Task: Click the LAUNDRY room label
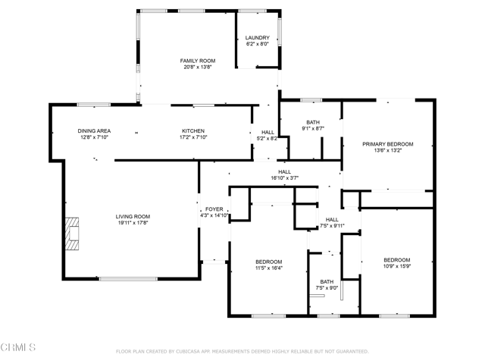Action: (x=258, y=37)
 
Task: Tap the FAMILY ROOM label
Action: (x=198, y=61)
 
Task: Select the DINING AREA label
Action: (x=94, y=131)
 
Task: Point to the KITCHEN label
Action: (x=193, y=131)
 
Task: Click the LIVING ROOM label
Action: (x=133, y=217)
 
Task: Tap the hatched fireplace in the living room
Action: (x=72, y=234)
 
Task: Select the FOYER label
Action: (x=214, y=209)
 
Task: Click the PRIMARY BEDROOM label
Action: (x=388, y=144)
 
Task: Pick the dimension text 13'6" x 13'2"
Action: (x=388, y=151)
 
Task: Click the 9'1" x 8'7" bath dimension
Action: (x=313, y=128)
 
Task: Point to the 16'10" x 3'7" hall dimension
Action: (x=285, y=178)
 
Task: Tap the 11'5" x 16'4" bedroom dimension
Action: (x=269, y=268)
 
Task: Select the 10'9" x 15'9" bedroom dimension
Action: (x=397, y=266)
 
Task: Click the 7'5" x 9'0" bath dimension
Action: (x=327, y=288)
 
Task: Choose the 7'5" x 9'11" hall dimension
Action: (x=332, y=226)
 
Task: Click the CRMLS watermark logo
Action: (x=18, y=347)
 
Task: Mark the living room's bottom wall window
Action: (x=128, y=279)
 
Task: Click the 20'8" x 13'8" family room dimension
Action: (x=198, y=67)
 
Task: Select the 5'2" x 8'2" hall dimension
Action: (x=268, y=139)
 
